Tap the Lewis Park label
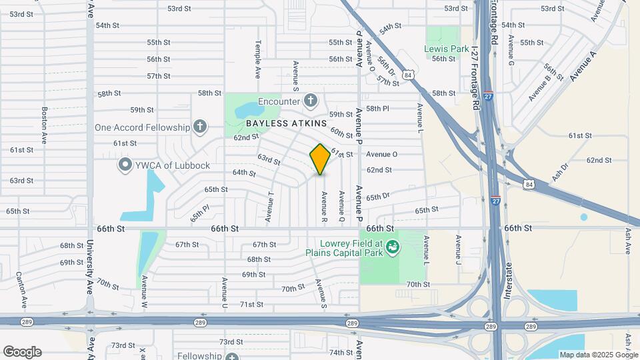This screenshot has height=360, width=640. tap(447, 49)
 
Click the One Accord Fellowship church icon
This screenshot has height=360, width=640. tap(199, 127)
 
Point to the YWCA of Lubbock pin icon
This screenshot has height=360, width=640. tap(124, 165)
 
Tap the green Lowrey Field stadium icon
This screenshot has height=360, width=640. tap(393, 247)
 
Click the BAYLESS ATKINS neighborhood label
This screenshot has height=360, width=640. tap(286, 123)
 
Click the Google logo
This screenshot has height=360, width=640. tap(21, 352)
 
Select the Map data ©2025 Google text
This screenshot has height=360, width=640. tap(599, 355)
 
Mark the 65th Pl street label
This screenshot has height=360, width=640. tap(199, 213)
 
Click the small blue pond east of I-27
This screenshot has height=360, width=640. tap(584, 217)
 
